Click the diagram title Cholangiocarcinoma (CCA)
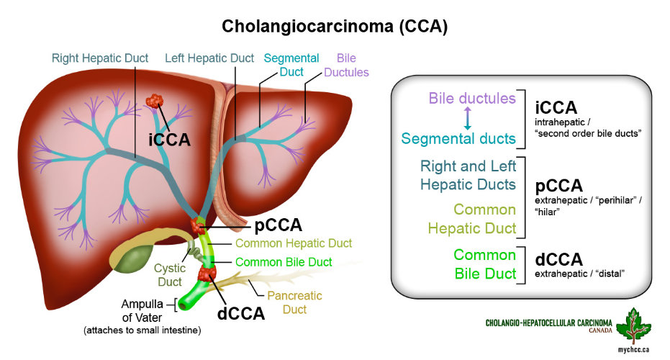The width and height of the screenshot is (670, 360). (x=335, y=27)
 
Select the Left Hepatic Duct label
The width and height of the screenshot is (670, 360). (x=210, y=58)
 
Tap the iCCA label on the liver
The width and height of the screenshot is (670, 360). (x=170, y=139)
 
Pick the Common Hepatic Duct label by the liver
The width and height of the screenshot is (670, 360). (x=294, y=243)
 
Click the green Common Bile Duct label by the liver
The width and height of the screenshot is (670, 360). (x=284, y=262)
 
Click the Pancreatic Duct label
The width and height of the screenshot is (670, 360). (x=294, y=302)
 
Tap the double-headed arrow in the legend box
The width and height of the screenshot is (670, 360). (x=468, y=118)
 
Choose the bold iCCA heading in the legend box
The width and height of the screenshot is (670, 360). (x=556, y=107)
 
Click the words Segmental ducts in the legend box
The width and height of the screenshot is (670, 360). (x=458, y=138)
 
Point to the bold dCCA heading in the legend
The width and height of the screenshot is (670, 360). (x=558, y=260)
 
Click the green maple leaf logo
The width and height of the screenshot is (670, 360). (x=638, y=324)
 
